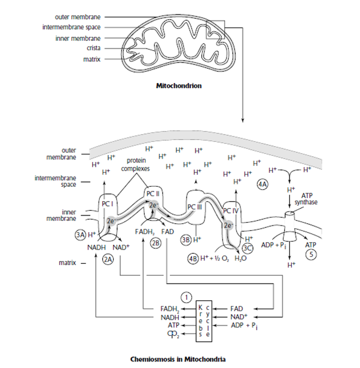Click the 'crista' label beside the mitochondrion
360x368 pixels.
(91, 48)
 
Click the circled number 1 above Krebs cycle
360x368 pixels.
(187, 297)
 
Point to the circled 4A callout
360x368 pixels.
(263, 184)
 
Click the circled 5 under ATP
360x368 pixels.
(311, 254)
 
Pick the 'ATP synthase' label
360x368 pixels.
(307, 199)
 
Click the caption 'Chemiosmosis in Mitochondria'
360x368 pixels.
(179, 359)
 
